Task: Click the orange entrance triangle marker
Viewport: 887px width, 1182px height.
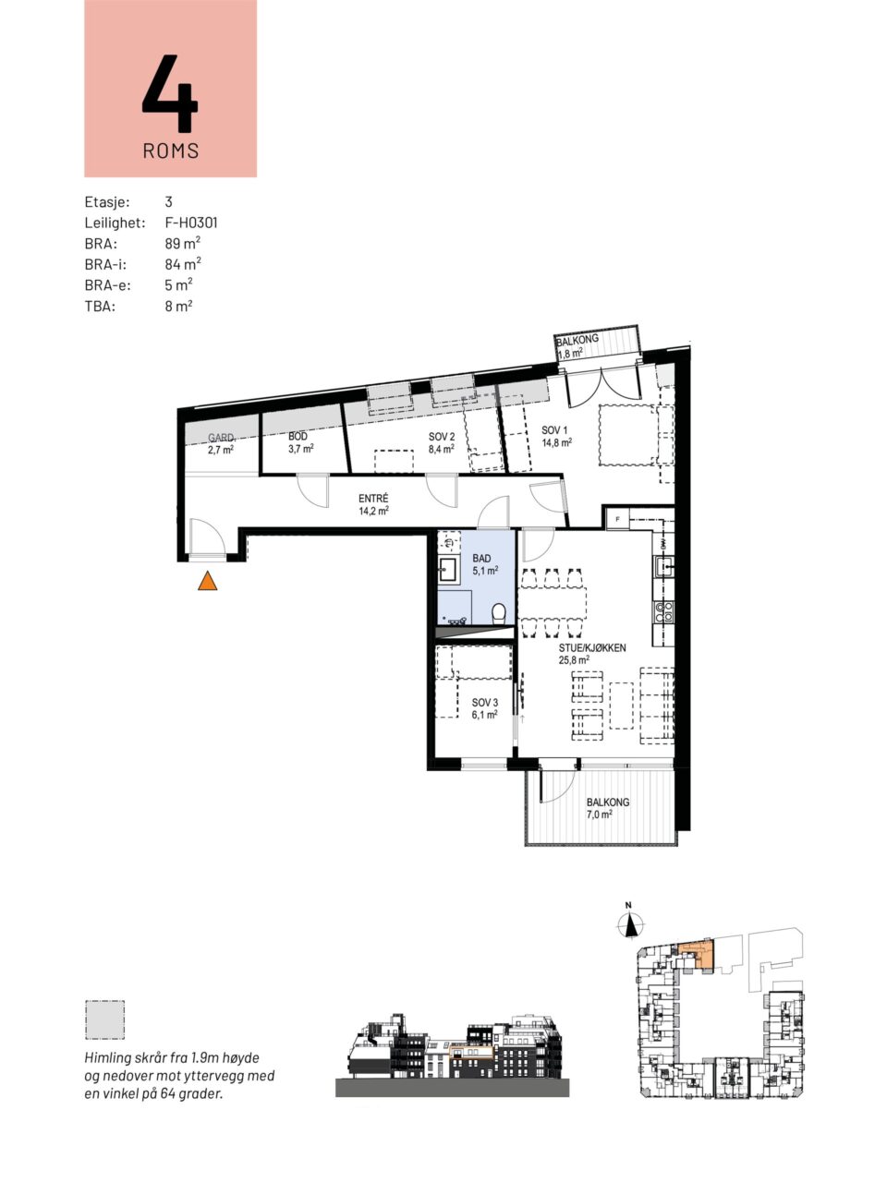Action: pos(207,582)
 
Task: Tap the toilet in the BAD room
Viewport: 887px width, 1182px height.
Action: pos(499,612)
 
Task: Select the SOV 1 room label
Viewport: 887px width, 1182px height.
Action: pos(556,435)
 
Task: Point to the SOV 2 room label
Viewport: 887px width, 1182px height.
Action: pos(442,442)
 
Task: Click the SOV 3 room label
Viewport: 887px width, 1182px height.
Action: pos(485,708)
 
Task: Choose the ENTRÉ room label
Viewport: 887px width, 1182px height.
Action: pos(374,504)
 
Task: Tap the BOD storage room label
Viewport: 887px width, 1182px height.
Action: pos(300,442)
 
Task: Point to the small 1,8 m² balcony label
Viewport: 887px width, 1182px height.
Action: pos(570,355)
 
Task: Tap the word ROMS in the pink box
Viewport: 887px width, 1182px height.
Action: pos(171,151)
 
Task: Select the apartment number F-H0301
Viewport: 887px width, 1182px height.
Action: pos(191,223)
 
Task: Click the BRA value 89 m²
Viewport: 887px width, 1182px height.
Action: pos(183,243)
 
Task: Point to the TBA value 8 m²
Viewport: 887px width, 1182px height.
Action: pos(179,306)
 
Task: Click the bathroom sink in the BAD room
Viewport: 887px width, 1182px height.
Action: pos(448,570)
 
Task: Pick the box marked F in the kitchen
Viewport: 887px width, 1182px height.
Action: pos(618,519)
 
